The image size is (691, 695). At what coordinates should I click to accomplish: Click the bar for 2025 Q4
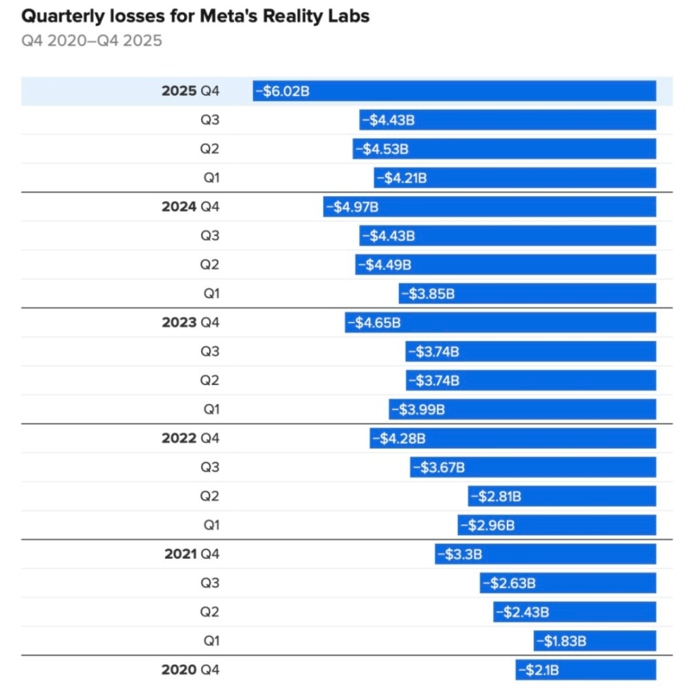pyautogui.click(x=455, y=91)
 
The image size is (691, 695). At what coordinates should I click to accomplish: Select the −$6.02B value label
pyautogui.click(x=282, y=91)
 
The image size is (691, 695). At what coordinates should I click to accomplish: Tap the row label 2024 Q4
pyautogui.click(x=190, y=207)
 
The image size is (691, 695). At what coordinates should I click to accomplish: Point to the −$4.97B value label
pyautogui.click(x=352, y=207)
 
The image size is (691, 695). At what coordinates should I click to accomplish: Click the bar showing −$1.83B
pyautogui.click(x=594, y=641)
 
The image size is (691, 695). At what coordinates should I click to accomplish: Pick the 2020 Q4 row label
pyautogui.click(x=190, y=670)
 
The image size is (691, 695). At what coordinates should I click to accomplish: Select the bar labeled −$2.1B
pyautogui.click(x=585, y=670)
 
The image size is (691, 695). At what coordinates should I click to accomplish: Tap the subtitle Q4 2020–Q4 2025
pyautogui.click(x=92, y=40)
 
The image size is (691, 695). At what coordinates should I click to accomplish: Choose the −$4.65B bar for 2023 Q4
pyautogui.click(x=501, y=322)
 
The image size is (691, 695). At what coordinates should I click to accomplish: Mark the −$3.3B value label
pyautogui.click(x=460, y=554)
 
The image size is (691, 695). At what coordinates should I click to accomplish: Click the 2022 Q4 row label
pyautogui.click(x=190, y=438)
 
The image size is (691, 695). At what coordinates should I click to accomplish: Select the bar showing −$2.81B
pyautogui.click(x=562, y=496)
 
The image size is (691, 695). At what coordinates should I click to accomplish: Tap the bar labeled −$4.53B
pyautogui.click(x=504, y=149)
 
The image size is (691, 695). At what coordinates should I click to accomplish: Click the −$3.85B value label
pyautogui.click(x=428, y=293)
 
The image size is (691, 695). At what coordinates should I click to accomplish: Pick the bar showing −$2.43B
pyautogui.click(x=575, y=612)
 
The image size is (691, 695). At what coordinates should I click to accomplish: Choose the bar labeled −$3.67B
pyautogui.click(x=533, y=467)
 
